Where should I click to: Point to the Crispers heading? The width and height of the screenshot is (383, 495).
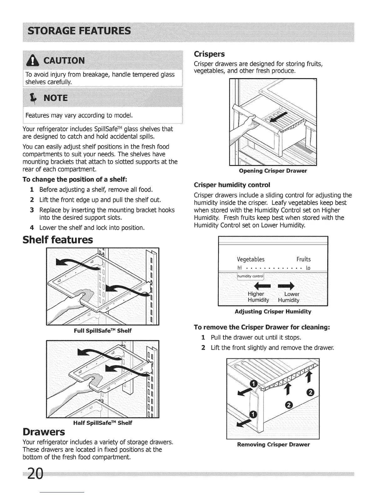pos(209,54)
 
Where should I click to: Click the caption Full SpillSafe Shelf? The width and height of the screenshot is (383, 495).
pos(103,331)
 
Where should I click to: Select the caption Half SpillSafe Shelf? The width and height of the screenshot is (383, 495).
pos(103,423)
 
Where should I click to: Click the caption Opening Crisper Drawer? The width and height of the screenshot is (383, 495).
pos(273,171)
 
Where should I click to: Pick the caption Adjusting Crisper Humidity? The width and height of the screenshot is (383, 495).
pos(273,312)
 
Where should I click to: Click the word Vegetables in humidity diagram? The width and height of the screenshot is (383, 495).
pos(251,259)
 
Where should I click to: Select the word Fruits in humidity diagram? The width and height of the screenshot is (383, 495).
pos(304,259)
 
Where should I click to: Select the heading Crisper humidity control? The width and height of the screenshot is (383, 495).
pos(232,184)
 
